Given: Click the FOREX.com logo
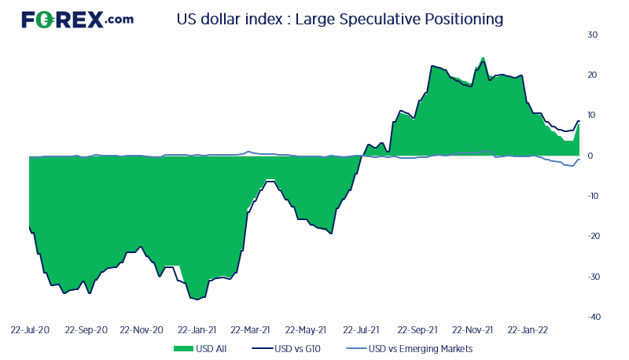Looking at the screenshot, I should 77,20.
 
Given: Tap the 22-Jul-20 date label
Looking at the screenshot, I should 31,330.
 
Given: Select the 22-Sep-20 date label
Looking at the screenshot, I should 86,330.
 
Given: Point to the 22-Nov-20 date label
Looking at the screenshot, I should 142,330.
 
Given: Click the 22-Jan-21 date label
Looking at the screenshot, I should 197,330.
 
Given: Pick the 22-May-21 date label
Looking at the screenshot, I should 306,330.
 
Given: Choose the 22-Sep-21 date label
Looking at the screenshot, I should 417,330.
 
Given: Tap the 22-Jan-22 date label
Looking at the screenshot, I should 528,330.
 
